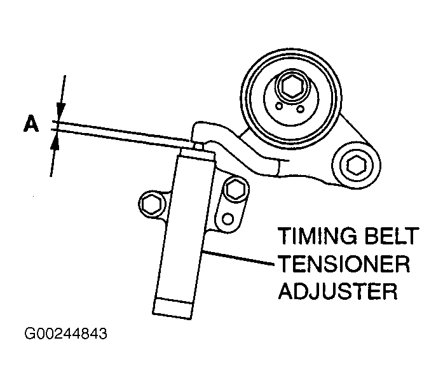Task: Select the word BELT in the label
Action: pyautogui.click(x=391, y=241)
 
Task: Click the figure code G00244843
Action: pyautogui.click(x=65, y=334)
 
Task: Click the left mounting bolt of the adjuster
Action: pyautogui.click(x=150, y=204)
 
